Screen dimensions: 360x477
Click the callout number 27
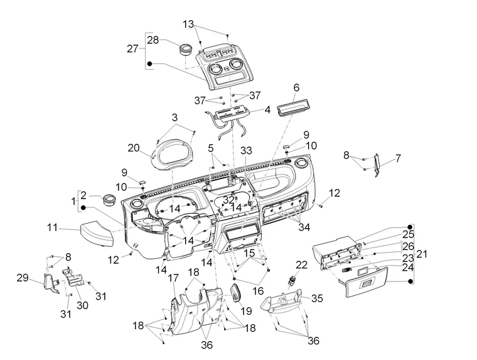pos(132,48)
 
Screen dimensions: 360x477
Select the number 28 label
pos(153,40)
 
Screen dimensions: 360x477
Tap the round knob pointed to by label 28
pos(185,50)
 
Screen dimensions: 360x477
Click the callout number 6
pos(296,87)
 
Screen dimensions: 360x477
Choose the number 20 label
pos(133,148)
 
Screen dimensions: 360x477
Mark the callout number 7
pos(397,158)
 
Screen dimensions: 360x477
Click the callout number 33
pos(245,151)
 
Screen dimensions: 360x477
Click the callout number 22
pos(302,265)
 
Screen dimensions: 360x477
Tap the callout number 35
pos(317,298)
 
